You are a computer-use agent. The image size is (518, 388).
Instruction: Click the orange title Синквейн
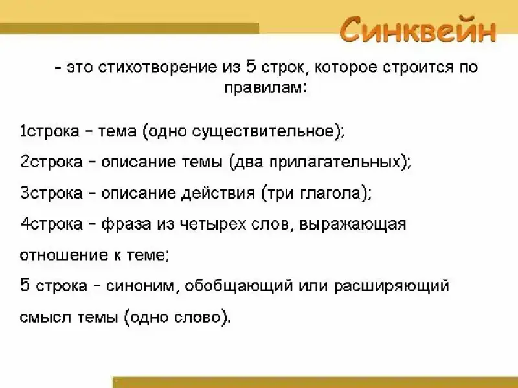(418, 30)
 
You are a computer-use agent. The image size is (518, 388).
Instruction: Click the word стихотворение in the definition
(157, 67)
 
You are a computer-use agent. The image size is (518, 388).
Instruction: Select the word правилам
(266, 89)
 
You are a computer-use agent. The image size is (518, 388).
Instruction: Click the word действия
(218, 193)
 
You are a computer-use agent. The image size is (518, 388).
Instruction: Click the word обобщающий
(238, 286)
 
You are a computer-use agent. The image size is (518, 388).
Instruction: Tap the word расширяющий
(392, 286)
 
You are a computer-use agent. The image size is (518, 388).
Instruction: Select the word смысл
(45, 318)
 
